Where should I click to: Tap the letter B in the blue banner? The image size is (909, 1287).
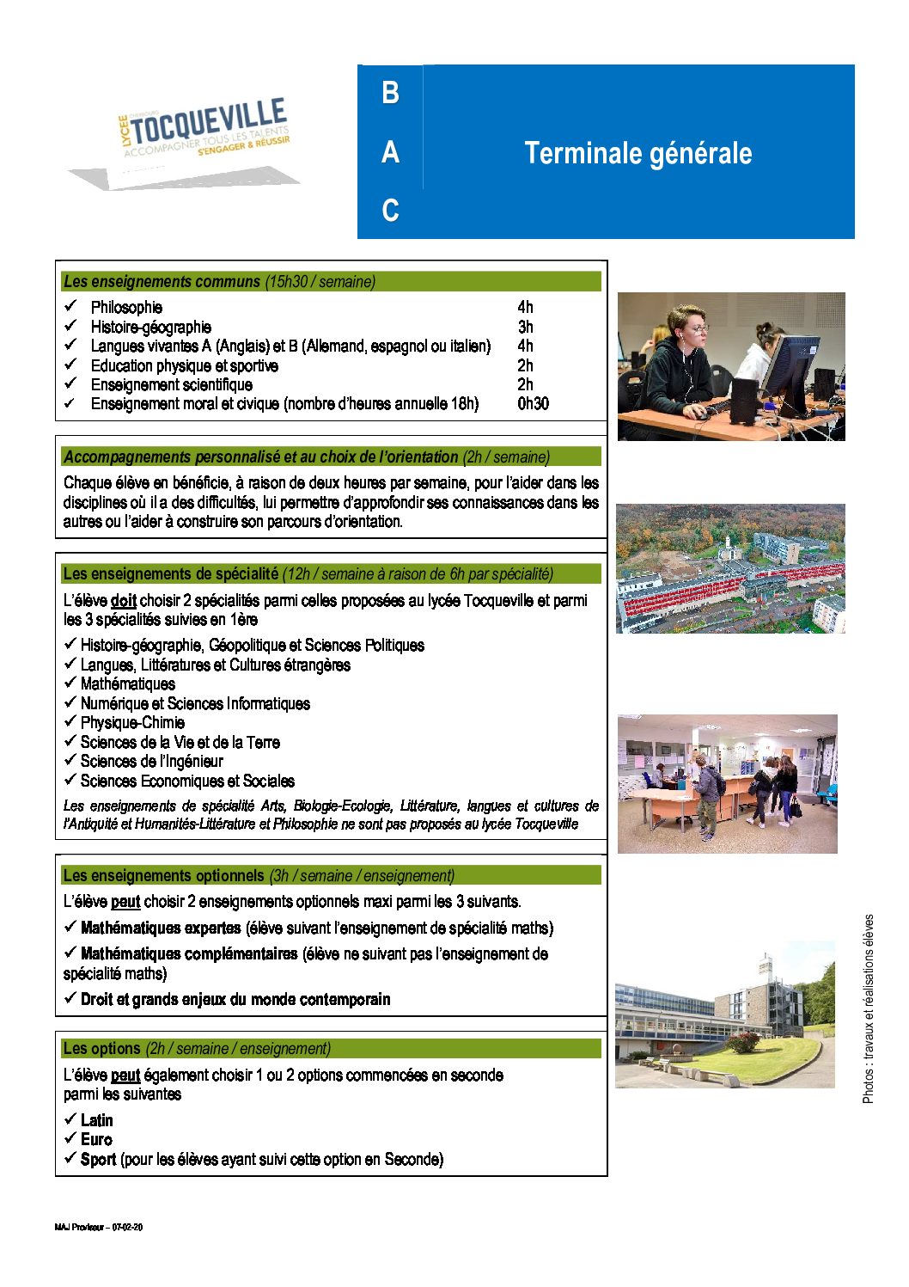click(390, 93)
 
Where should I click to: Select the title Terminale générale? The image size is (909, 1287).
click(638, 154)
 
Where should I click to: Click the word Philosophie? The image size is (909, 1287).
click(126, 308)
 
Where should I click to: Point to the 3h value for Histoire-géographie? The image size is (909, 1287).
click(525, 328)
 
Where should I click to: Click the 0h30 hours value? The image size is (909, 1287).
click(533, 404)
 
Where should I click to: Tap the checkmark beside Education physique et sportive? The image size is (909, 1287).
click(70, 365)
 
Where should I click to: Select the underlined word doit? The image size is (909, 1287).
click(124, 601)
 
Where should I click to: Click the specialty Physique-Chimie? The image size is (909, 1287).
click(132, 723)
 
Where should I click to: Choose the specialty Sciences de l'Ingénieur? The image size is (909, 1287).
click(151, 762)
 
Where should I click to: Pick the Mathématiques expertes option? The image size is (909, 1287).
click(161, 928)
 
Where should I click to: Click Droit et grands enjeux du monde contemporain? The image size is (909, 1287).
click(235, 1000)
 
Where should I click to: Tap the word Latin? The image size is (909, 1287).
click(96, 1121)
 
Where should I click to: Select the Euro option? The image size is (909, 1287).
click(96, 1140)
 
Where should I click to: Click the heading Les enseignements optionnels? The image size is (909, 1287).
click(163, 876)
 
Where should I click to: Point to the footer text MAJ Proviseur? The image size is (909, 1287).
click(98, 1227)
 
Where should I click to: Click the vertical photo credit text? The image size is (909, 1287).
click(868, 1008)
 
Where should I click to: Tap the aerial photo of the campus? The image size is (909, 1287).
click(730, 569)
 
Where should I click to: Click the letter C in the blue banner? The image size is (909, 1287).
click(390, 211)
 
